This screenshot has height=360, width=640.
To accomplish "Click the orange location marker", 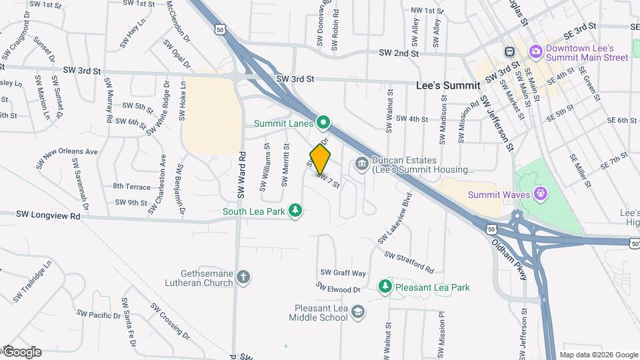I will click(321, 159).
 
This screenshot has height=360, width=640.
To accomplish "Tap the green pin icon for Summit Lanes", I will click(323, 123).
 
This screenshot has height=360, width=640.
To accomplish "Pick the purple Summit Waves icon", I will click(541, 195).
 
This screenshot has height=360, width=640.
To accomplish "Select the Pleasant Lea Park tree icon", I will click(385, 287).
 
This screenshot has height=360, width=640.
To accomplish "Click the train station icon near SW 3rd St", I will click(509, 51).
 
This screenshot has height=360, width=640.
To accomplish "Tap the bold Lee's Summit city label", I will click(447, 86).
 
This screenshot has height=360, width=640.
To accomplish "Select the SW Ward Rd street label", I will click(242, 176).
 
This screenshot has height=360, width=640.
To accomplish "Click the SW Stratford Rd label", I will click(409, 262).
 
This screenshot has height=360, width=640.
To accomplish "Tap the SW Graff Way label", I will click(343, 273).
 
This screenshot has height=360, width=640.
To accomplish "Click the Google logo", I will click(21, 351).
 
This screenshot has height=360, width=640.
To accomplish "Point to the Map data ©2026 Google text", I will click(598, 355).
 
